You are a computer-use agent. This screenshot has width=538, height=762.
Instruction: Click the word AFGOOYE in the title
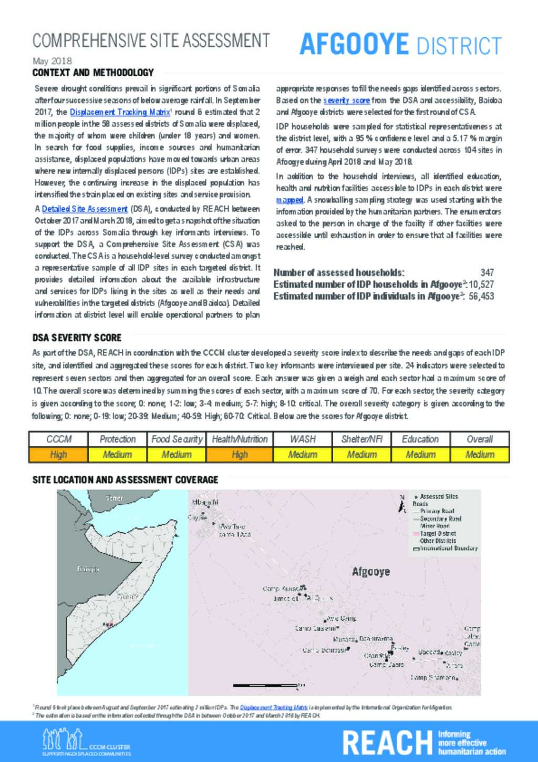pos(354,44)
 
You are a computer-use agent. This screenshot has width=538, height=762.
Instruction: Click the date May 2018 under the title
pos(52,61)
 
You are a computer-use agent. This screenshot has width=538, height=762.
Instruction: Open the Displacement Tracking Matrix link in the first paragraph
pos(120,112)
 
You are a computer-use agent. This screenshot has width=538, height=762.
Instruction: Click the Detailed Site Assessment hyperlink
pos(85,209)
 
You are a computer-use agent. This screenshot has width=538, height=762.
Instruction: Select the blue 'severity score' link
pos(346,100)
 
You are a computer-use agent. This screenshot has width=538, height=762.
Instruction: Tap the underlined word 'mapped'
pos(289,200)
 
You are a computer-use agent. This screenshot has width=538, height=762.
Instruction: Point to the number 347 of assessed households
pos(487,272)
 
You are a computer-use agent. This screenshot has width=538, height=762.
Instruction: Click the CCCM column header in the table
pos(58,439)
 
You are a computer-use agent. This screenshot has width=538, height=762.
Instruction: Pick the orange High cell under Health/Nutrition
pos(240,454)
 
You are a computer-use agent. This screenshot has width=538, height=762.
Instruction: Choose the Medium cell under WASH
pos(303,454)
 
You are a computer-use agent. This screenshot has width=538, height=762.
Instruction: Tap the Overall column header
pos(480,439)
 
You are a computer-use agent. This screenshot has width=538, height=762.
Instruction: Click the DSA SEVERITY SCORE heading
pos(77,338)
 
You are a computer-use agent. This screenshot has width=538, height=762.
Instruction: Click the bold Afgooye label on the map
pos(371,572)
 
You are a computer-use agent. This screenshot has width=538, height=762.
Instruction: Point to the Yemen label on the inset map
pos(115,498)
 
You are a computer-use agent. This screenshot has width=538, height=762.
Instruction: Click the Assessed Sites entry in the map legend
pos(439,496)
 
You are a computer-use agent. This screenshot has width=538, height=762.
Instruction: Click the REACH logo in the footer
pos(387,742)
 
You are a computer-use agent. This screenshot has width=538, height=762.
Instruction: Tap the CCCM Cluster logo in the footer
pos(86,742)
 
